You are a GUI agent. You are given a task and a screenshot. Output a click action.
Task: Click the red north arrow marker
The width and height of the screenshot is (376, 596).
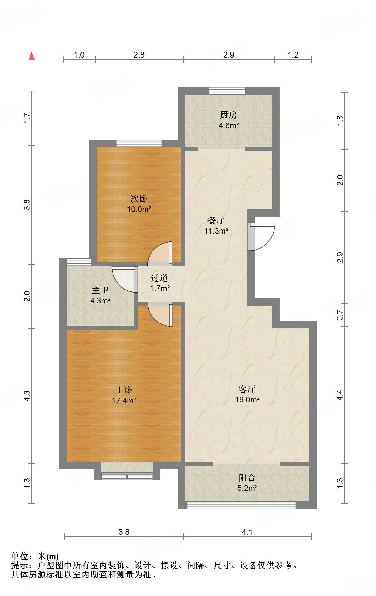click(31, 56)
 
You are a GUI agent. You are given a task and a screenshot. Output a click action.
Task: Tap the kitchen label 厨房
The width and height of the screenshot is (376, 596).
click(229, 115)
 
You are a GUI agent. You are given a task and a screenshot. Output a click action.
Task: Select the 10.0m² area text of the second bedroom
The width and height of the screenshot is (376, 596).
click(139, 209)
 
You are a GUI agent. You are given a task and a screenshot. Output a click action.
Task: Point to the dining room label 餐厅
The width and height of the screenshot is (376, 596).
click(216, 220)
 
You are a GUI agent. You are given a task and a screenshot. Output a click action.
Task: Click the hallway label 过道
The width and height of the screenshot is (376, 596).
click(159, 278)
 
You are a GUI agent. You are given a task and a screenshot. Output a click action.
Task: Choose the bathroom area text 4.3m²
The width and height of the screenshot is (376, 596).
click(100, 301)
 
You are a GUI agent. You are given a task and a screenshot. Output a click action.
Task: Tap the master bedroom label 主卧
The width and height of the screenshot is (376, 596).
click(124, 390)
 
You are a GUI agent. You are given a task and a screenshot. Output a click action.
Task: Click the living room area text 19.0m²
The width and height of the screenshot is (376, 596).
click(247, 400)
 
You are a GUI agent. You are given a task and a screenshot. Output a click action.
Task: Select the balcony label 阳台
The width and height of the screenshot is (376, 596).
click(247, 478)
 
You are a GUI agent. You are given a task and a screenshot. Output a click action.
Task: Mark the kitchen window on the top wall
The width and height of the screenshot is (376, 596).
click(227, 91)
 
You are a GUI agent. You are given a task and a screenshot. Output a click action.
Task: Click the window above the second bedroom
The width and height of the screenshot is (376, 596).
click(139, 143)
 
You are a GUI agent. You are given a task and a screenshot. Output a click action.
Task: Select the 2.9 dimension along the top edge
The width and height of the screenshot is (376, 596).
click(229, 55)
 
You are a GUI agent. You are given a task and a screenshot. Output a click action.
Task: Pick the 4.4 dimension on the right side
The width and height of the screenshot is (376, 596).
click(340, 395)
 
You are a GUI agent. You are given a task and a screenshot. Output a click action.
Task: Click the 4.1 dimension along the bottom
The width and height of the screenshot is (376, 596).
click(247, 532)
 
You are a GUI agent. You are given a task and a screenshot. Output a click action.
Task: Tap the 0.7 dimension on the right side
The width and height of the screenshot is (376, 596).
click(340, 315)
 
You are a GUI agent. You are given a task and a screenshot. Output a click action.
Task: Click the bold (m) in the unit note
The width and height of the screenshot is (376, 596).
click(53, 557)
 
